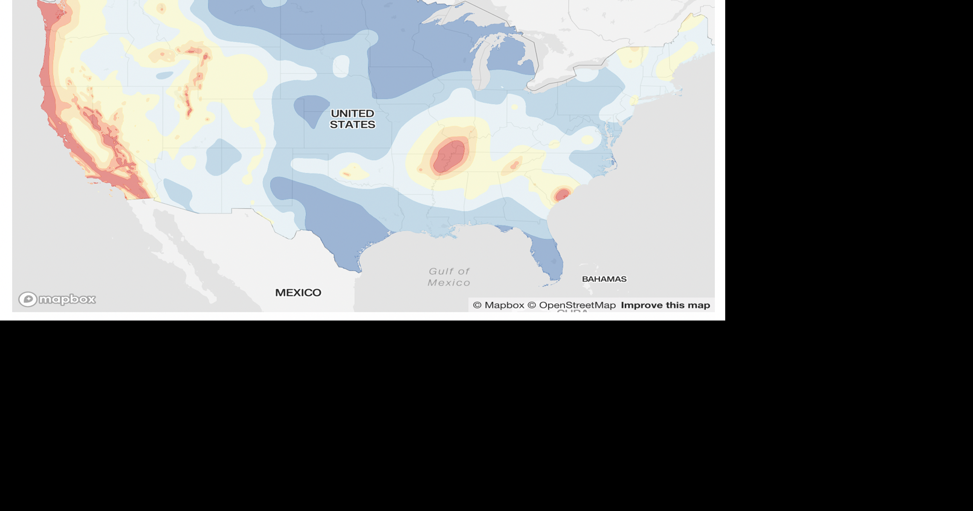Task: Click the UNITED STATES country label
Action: click(352, 119)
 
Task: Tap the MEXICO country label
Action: click(298, 293)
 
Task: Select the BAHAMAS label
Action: click(604, 279)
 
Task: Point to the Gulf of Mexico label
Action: click(449, 277)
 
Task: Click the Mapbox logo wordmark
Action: click(67, 299)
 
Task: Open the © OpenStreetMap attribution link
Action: click(572, 305)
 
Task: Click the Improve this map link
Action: click(665, 305)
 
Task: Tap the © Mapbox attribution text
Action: click(499, 305)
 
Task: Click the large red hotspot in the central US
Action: click(450, 155)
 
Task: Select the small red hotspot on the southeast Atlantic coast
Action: click(562, 194)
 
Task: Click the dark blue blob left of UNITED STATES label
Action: click(311, 109)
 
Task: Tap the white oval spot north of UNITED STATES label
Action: click(341, 65)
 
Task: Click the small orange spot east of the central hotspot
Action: click(515, 164)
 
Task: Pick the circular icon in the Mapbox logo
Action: click(28, 299)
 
